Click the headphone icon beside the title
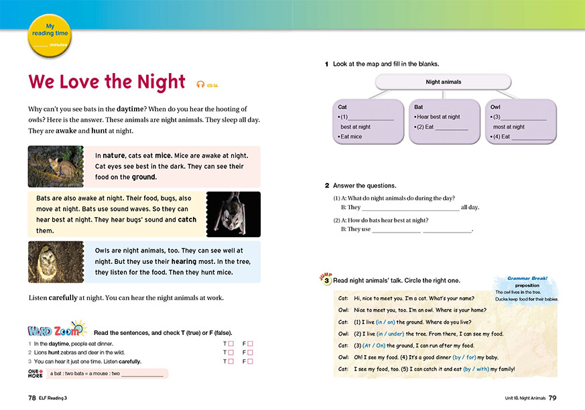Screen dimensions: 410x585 pos(200,84)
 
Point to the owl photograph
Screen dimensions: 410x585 pos(56,262)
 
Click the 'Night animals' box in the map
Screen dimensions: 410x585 pos(444,82)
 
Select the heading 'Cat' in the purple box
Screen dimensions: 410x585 pos(342,107)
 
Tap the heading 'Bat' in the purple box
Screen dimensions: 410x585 pos(419,107)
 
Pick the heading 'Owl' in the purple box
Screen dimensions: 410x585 pos(495,107)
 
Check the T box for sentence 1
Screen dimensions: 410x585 pos(231,344)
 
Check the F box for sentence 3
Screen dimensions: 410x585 pos(251,362)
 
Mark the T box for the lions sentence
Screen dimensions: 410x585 pos(231,352)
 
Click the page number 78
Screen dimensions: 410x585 pos(31,398)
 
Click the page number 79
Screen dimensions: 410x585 pos(552,398)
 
